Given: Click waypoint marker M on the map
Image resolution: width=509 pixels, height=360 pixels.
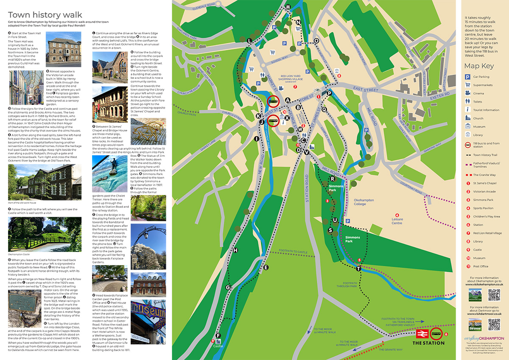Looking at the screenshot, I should click(288, 7).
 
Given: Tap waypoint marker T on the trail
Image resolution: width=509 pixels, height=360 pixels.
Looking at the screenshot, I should click(359, 268).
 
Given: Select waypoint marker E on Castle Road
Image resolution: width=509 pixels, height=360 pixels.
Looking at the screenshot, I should click(266, 267).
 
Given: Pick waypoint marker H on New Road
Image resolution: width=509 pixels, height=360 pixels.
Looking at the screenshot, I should click(235, 250).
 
